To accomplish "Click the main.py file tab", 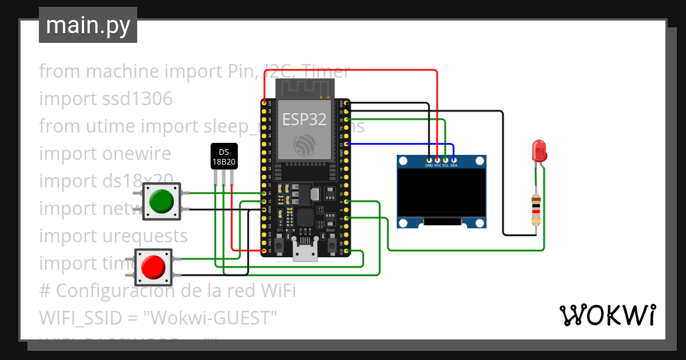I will [x=87, y=25].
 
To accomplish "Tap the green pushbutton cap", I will [x=161, y=201].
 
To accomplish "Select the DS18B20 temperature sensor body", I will [x=224, y=157].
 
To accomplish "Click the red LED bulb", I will [x=539, y=150].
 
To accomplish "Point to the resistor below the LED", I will [x=536, y=210].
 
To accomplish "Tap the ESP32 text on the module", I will [x=304, y=119].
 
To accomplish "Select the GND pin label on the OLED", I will [x=429, y=166].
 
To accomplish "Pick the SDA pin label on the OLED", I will [x=454, y=166].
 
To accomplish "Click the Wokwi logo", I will [x=607, y=315].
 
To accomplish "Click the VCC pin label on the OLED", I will [x=438, y=166].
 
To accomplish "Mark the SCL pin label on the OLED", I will [x=446, y=166].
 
